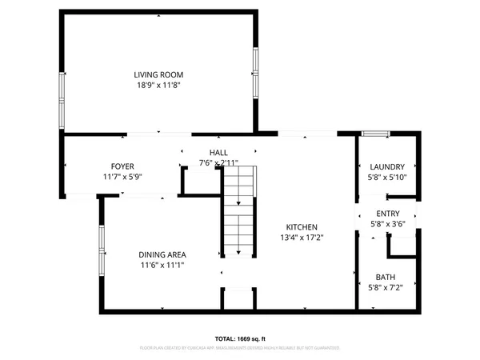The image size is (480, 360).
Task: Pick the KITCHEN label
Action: click(302, 227)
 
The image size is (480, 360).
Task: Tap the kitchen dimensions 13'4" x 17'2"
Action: click(302, 238)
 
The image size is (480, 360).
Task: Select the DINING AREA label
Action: click(162, 254)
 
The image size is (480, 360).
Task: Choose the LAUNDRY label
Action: click(387, 166)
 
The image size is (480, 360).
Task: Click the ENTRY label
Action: click(387, 214)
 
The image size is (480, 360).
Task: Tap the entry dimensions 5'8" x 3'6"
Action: click(387, 224)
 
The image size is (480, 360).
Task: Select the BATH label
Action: click(386, 278)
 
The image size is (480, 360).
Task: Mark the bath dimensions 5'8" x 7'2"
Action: click(386, 288)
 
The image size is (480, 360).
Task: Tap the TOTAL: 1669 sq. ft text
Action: click(240, 338)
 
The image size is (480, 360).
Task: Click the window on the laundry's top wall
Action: click(374, 133)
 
